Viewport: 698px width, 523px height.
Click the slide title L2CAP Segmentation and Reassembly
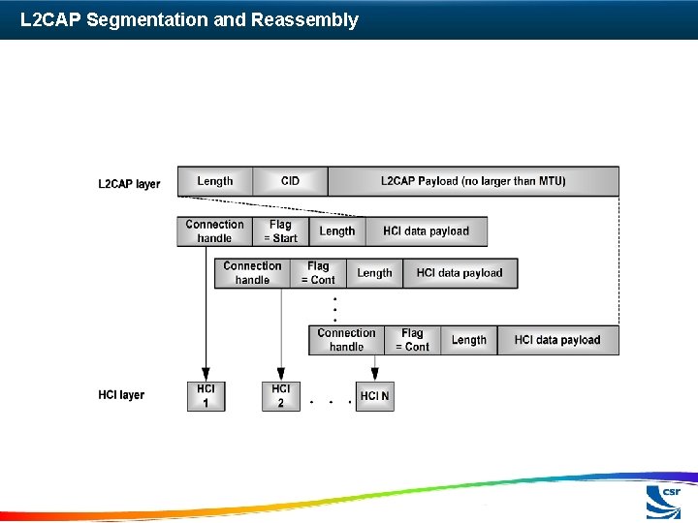click(189, 19)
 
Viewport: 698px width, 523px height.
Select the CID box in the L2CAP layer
click(290, 181)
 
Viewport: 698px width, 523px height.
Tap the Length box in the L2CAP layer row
click(214, 181)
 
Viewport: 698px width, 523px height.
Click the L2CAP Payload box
click(473, 181)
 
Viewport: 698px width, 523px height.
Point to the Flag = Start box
click(280, 231)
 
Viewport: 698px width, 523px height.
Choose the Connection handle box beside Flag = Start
click(214, 231)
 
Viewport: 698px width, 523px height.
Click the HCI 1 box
click(206, 396)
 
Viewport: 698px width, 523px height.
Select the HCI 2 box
click(280, 396)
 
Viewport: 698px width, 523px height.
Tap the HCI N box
click(374, 396)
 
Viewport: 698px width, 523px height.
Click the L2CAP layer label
click(129, 184)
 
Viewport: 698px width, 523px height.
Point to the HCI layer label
click(121, 395)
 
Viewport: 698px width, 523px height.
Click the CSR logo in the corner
click(664, 502)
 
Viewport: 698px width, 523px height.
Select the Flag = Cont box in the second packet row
click(318, 273)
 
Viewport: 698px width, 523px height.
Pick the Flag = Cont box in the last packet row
click(412, 340)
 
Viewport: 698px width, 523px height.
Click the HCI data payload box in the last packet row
click(557, 340)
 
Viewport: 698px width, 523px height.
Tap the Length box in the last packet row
click(468, 340)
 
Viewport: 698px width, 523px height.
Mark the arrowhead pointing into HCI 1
click(206, 375)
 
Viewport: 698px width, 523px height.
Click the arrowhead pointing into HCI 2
click(281, 375)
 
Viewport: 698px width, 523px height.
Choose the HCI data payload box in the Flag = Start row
click(426, 231)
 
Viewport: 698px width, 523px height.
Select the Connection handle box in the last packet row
click(346, 340)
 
